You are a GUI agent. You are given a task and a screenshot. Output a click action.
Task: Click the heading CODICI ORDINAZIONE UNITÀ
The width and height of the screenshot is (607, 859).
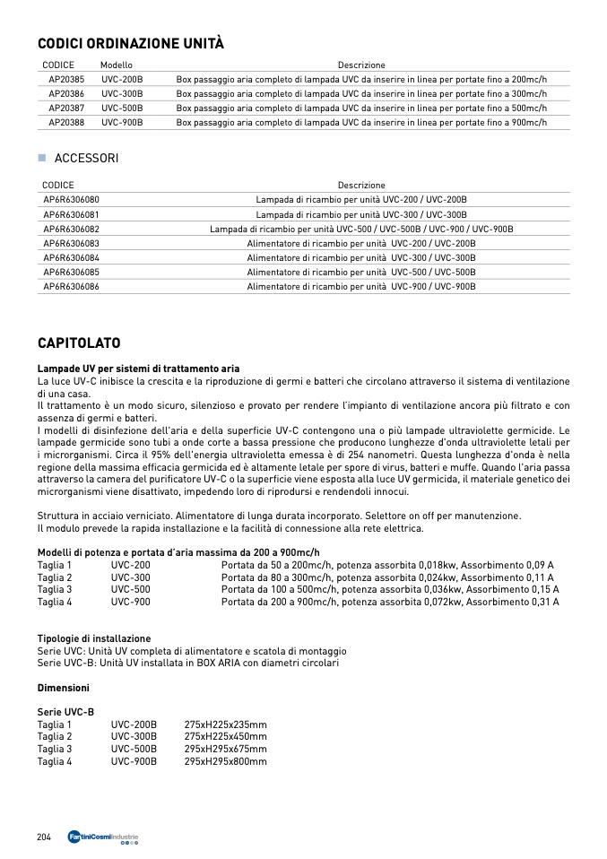pyautogui.click(x=130, y=43)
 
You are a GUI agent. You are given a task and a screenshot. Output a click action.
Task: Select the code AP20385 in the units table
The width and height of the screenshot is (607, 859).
pyautogui.click(x=66, y=79)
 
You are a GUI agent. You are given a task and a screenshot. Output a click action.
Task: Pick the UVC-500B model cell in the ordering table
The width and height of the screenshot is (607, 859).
pyautogui.click(x=122, y=108)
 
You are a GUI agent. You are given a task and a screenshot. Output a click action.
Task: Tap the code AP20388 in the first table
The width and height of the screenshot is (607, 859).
pyautogui.click(x=66, y=122)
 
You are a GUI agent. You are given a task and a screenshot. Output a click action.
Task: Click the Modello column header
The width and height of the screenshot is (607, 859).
pyautogui.click(x=117, y=65)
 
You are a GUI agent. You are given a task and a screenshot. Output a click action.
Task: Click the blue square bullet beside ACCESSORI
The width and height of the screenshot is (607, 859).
pyautogui.click(x=41, y=158)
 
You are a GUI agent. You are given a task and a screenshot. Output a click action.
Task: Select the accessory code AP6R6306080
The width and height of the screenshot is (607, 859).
pyautogui.click(x=72, y=199)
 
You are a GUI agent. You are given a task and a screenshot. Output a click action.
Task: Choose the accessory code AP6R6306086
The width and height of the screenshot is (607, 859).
pyautogui.click(x=72, y=286)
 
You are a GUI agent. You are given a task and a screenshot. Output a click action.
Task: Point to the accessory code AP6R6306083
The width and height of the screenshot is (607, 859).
pyautogui.click(x=72, y=243)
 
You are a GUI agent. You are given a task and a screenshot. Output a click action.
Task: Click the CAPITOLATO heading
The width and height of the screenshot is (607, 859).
pyautogui.click(x=79, y=343)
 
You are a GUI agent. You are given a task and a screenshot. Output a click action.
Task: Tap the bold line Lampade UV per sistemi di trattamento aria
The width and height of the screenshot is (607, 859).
pyautogui.click(x=138, y=369)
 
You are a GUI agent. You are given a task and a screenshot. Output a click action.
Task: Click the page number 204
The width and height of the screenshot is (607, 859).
pyautogui.click(x=44, y=837)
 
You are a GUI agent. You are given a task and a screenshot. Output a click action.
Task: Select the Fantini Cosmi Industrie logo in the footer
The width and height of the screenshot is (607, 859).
pyautogui.click(x=104, y=837)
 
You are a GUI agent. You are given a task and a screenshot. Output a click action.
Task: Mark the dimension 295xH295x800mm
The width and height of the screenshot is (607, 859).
pyautogui.click(x=225, y=761)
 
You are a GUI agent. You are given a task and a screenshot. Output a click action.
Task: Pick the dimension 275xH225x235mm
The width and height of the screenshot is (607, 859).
pyautogui.click(x=225, y=725)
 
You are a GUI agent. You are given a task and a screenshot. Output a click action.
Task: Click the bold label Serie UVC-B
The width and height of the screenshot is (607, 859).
pyautogui.click(x=65, y=712)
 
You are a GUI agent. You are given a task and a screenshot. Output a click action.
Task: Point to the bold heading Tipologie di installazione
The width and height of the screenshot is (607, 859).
pyautogui.click(x=94, y=638)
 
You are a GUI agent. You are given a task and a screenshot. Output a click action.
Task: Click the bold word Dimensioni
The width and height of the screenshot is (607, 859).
pyautogui.click(x=63, y=688)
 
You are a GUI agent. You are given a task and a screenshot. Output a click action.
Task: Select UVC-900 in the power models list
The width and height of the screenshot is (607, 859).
pyautogui.click(x=131, y=602)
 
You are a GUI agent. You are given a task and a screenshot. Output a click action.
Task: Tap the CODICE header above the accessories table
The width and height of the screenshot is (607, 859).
pyautogui.click(x=58, y=185)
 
